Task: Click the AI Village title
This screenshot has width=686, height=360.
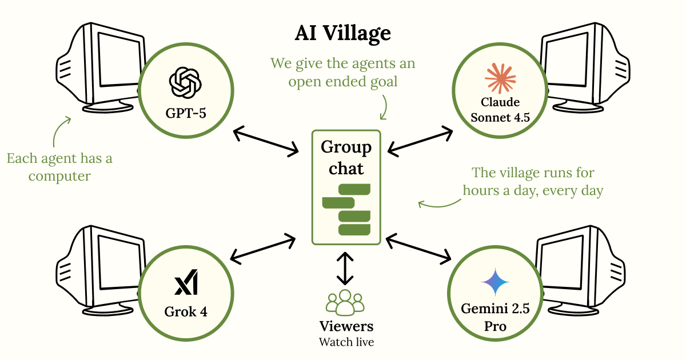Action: click(343, 34)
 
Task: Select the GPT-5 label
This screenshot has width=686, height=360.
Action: click(185, 113)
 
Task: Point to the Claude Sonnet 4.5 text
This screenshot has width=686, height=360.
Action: click(500, 111)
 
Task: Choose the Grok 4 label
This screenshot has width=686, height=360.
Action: click(185, 312)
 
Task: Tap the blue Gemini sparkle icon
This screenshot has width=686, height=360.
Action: click(495, 281)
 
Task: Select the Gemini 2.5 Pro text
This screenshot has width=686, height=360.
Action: click(495, 318)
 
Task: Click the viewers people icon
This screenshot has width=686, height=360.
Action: click(345, 303)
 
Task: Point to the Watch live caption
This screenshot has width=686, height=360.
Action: click(345, 342)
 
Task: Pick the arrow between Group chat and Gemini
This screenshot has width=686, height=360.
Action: click(418, 247)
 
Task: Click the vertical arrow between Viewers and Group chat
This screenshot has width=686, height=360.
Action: click(345, 267)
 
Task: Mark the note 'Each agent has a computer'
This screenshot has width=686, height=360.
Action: click(59, 167)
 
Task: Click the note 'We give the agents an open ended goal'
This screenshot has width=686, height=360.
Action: click(343, 72)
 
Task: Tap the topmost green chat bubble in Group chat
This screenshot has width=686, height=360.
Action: click(354, 189)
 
